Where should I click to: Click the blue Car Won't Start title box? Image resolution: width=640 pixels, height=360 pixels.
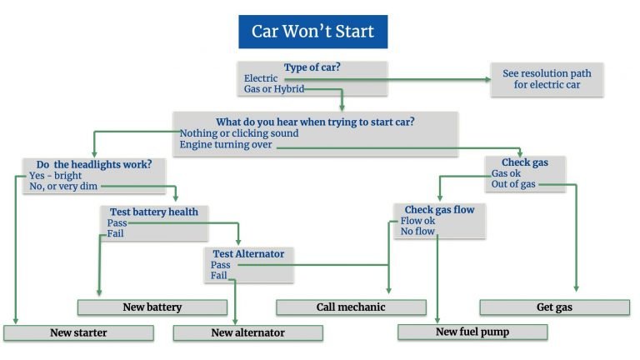[313, 32]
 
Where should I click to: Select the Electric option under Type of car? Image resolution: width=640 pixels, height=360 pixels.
[261, 78]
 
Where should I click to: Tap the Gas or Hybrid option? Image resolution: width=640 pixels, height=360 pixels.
[274, 89]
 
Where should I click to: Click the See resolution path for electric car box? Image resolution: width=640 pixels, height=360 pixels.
[547, 79]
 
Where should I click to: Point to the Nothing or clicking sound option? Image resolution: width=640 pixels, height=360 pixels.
[239, 133]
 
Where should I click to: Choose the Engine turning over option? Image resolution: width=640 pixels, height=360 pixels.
[226, 144]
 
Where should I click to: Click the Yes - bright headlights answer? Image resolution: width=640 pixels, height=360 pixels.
[56, 176]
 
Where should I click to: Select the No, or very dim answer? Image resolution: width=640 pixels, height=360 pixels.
[63, 187]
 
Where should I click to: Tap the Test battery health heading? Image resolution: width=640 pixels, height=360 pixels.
[154, 212]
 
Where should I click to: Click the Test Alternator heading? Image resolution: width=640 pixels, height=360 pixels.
[248, 254]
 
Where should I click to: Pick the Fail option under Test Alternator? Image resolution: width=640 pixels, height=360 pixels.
[219, 276]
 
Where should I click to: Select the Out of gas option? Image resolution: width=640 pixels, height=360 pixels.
[513, 184]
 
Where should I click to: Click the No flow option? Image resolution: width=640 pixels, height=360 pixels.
[417, 232]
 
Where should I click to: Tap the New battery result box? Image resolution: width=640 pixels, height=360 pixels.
[152, 307]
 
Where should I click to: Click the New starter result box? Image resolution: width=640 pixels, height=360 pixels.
[79, 332]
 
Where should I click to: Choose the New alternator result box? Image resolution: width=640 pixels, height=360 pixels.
[248, 332]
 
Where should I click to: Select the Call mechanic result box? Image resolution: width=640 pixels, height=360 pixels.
[351, 307]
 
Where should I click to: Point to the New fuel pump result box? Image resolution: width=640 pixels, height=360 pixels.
[472, 332]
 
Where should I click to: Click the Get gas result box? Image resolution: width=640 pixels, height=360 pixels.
[555, 307]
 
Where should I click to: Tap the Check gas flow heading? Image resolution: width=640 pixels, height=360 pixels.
[440, 210]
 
